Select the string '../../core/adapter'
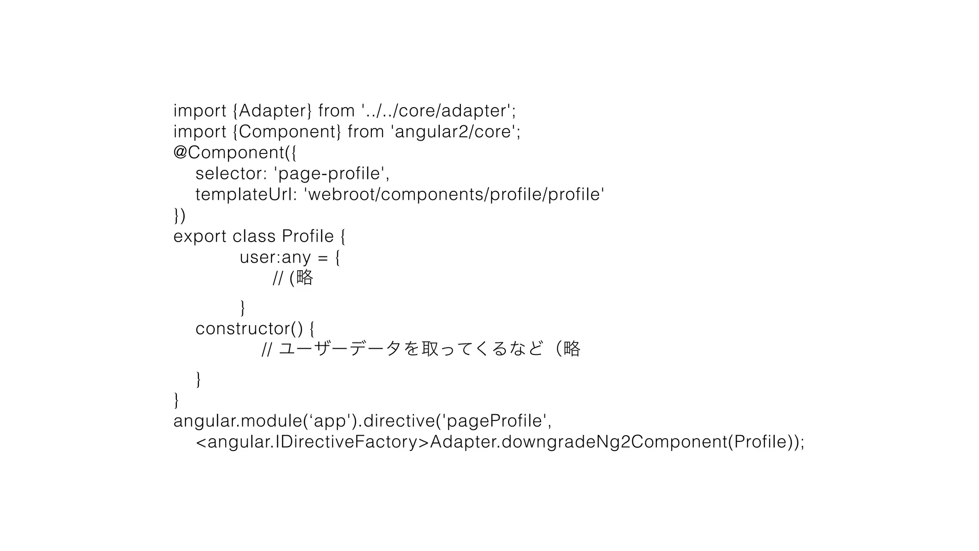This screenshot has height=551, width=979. click(x=437, y=111)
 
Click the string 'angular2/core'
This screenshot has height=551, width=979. click(x=454, y=132)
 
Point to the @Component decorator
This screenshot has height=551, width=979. click(x=229, y=153)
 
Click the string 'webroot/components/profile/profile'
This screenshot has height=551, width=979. click(x=454, y=195)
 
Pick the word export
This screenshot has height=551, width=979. click(x=200, y=237)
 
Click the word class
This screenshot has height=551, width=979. click(x=254, y=237)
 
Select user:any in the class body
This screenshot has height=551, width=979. click(x=275, y=257)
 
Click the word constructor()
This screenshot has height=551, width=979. click(x=249, y=329)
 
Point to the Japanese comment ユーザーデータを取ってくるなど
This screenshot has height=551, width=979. click(x=411, y=349)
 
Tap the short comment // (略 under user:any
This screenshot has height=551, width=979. click(x=293, y=278)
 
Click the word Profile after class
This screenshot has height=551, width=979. click(x=308, y=237)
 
